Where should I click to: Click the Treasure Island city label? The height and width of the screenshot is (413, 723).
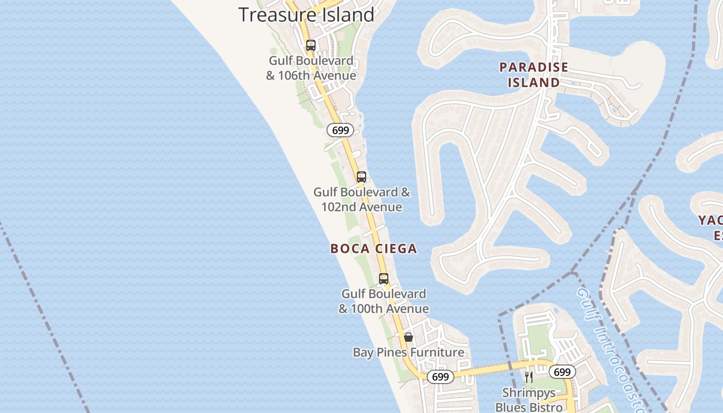pos(306,14)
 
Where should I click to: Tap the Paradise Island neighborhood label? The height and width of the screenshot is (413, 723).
pos(533,75)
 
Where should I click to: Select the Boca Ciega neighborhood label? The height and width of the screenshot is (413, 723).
pos(373,249)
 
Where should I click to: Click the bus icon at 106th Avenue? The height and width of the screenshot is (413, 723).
pos(311,45)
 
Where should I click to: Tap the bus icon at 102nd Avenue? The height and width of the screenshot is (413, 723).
pos(361,177)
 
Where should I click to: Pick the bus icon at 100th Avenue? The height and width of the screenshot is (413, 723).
pos(384,279)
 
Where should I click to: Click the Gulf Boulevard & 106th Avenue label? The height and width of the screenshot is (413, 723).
pos(311,68)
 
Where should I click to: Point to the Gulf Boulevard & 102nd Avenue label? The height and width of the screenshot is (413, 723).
pos(361,199)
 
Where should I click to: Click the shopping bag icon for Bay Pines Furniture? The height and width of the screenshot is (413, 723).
pos(408,337)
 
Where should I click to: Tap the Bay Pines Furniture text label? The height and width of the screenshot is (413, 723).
pos(408,353)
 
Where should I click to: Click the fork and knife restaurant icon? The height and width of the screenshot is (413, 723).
pos(528,377)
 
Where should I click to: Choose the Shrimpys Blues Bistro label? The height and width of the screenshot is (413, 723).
pos(528,400)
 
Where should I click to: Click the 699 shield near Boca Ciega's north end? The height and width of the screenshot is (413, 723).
pos(340,131)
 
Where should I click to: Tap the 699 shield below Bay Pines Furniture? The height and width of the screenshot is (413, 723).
pos(441,377)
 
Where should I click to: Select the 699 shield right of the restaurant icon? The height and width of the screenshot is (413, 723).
pos(562,372)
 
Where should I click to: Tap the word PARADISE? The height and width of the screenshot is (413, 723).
pos(533,67)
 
